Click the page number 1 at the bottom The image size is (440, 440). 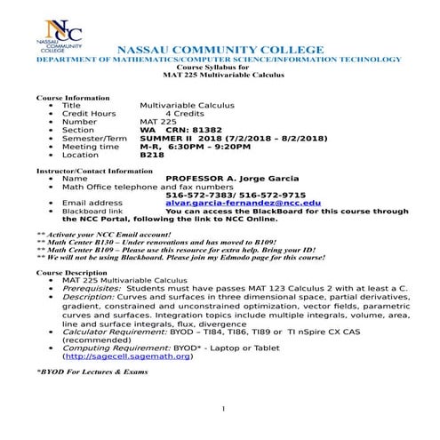click(x=225, y=409)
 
